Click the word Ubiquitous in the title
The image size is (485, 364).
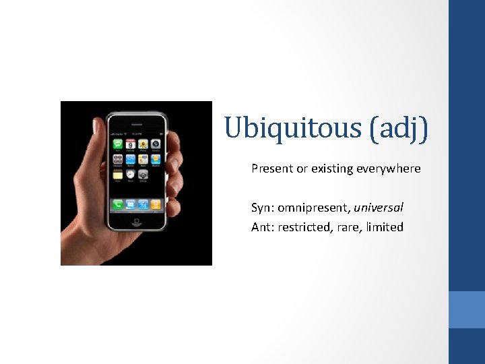293,127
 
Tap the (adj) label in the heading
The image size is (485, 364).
398,127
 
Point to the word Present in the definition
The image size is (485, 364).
272,169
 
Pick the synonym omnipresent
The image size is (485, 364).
314,208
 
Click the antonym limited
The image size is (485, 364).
385,227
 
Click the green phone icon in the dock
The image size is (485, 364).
118,204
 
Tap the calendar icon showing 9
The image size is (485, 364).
131,144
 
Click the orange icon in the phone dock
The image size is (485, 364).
156,204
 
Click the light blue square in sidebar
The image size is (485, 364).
466,309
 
